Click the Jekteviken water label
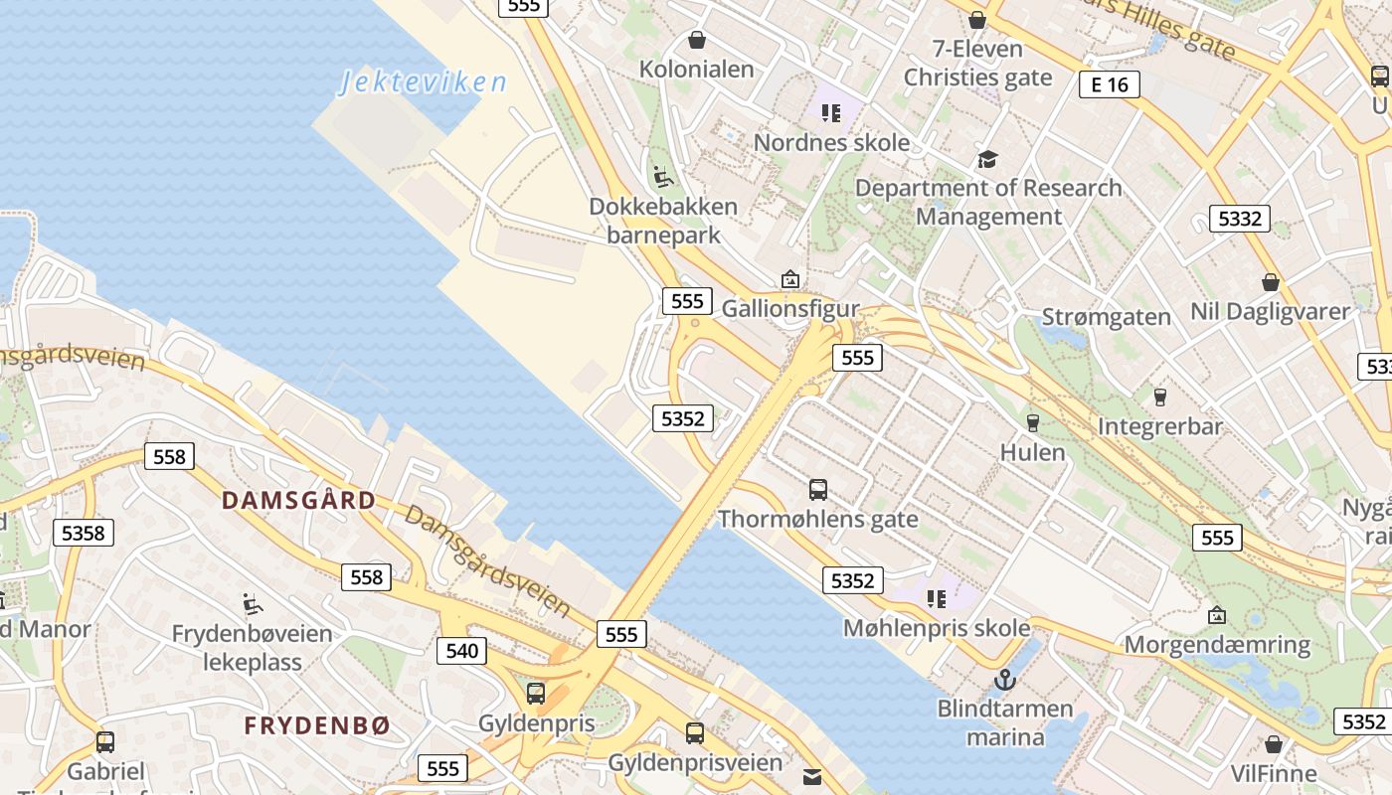(x=423, y=81)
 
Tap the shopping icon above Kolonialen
(x=697, y=40)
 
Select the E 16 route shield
(x=1109, y=84)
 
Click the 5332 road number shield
(x=1239, y=219)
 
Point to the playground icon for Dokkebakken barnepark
(x=663, y=177)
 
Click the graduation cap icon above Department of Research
(x=987, y=159)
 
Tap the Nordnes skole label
(x=831, y=142)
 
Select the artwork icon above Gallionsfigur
(x=789, y=279)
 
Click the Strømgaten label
(x=1106, y=317)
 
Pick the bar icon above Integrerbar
(x=1159, y=397)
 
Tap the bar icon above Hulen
(x=1032, y=422)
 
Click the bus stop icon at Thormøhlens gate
(x=817, y=489)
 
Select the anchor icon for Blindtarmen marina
(x=1005, y=680)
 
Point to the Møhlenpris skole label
(x=937, y=628)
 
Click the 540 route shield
(x=461, y=651)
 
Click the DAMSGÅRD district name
(x=298, y=500)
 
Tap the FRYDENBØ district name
(x=317, y=725)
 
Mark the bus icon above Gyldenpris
(x=536, y=694)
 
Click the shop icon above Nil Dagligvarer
(x=1270, y=282)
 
